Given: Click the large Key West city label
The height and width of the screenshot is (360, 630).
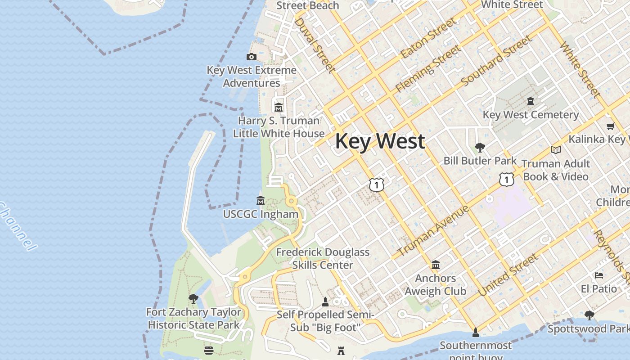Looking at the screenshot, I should coord(380,141).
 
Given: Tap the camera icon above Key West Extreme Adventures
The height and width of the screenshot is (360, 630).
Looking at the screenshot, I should coord(252,57).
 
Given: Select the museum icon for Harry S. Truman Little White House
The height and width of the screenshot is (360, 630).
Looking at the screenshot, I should coord(279,107).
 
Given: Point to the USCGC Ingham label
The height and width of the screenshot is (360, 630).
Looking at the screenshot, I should coord(261,214).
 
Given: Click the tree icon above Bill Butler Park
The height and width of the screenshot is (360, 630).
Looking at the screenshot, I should coord(480,147).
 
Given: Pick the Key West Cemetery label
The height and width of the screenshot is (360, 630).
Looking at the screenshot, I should coord(531,115).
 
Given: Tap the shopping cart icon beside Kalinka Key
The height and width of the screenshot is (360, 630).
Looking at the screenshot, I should coord(611,126).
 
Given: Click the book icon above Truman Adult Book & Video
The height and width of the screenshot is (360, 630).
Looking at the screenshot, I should coord(556,150).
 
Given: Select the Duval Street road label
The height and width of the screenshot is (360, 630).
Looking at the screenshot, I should coord(315,45).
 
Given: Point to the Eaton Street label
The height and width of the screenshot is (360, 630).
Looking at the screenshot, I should coord(427,39).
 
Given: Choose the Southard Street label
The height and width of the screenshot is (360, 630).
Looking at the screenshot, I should coord(496,62).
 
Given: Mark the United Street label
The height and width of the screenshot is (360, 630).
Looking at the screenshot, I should coord(508,275).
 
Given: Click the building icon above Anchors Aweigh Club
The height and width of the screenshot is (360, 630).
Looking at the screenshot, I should coord(436,265).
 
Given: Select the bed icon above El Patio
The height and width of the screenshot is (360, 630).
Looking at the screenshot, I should coord(599,275).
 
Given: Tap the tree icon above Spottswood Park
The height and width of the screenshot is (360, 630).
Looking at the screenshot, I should coord(589,315).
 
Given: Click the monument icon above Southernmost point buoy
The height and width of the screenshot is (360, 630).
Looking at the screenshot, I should coord(475,333).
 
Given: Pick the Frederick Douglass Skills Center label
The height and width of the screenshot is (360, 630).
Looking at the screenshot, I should coord(323,259).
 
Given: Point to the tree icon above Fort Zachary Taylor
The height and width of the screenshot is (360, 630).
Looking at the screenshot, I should coord(193,298).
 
